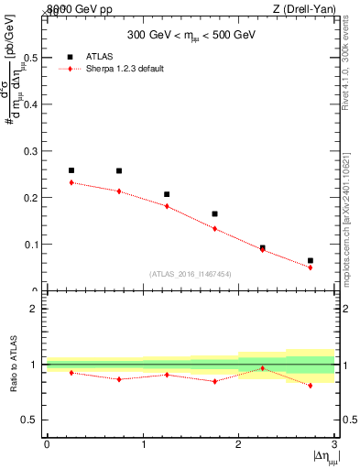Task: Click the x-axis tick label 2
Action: click(x=238, y=444)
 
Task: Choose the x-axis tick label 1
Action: click(x=143, y=444)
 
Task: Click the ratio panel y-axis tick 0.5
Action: click(x=29, y=420)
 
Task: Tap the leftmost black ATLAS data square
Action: click(x=71, y=170)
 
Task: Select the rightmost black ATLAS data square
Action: click(x=311, y=261)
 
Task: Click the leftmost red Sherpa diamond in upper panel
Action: click(x=71, y=182)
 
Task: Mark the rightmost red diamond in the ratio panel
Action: click(x=311, y=386)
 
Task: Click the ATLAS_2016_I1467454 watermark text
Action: click(x=191, y=273)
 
